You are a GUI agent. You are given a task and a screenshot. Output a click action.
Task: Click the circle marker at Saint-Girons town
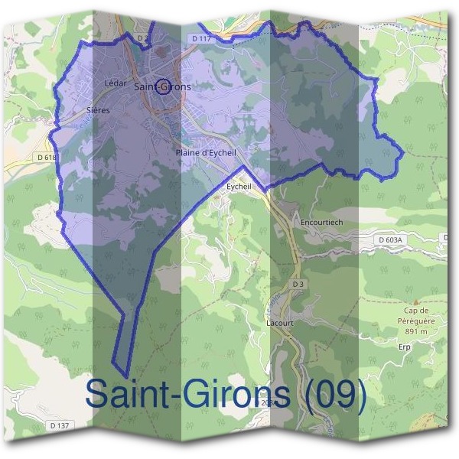point(162,86)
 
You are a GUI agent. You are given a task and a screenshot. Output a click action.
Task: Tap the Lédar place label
point(115,83)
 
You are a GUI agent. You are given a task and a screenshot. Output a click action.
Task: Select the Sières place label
point(99,110)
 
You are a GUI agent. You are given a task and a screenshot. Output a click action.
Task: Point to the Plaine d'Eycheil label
point(206,153)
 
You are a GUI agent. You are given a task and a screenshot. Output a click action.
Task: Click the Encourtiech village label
point(322,222)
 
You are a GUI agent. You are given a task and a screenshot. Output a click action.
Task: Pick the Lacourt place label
point(279,323)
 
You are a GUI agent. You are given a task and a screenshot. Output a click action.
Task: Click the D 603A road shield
point(389,240)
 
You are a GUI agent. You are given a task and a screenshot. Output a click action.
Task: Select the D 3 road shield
point(298,285)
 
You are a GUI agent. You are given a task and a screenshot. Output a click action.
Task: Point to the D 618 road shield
point(47,158)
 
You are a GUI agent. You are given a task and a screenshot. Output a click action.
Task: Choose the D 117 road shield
point(201,37)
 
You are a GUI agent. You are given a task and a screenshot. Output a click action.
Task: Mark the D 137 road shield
point(59,425)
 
